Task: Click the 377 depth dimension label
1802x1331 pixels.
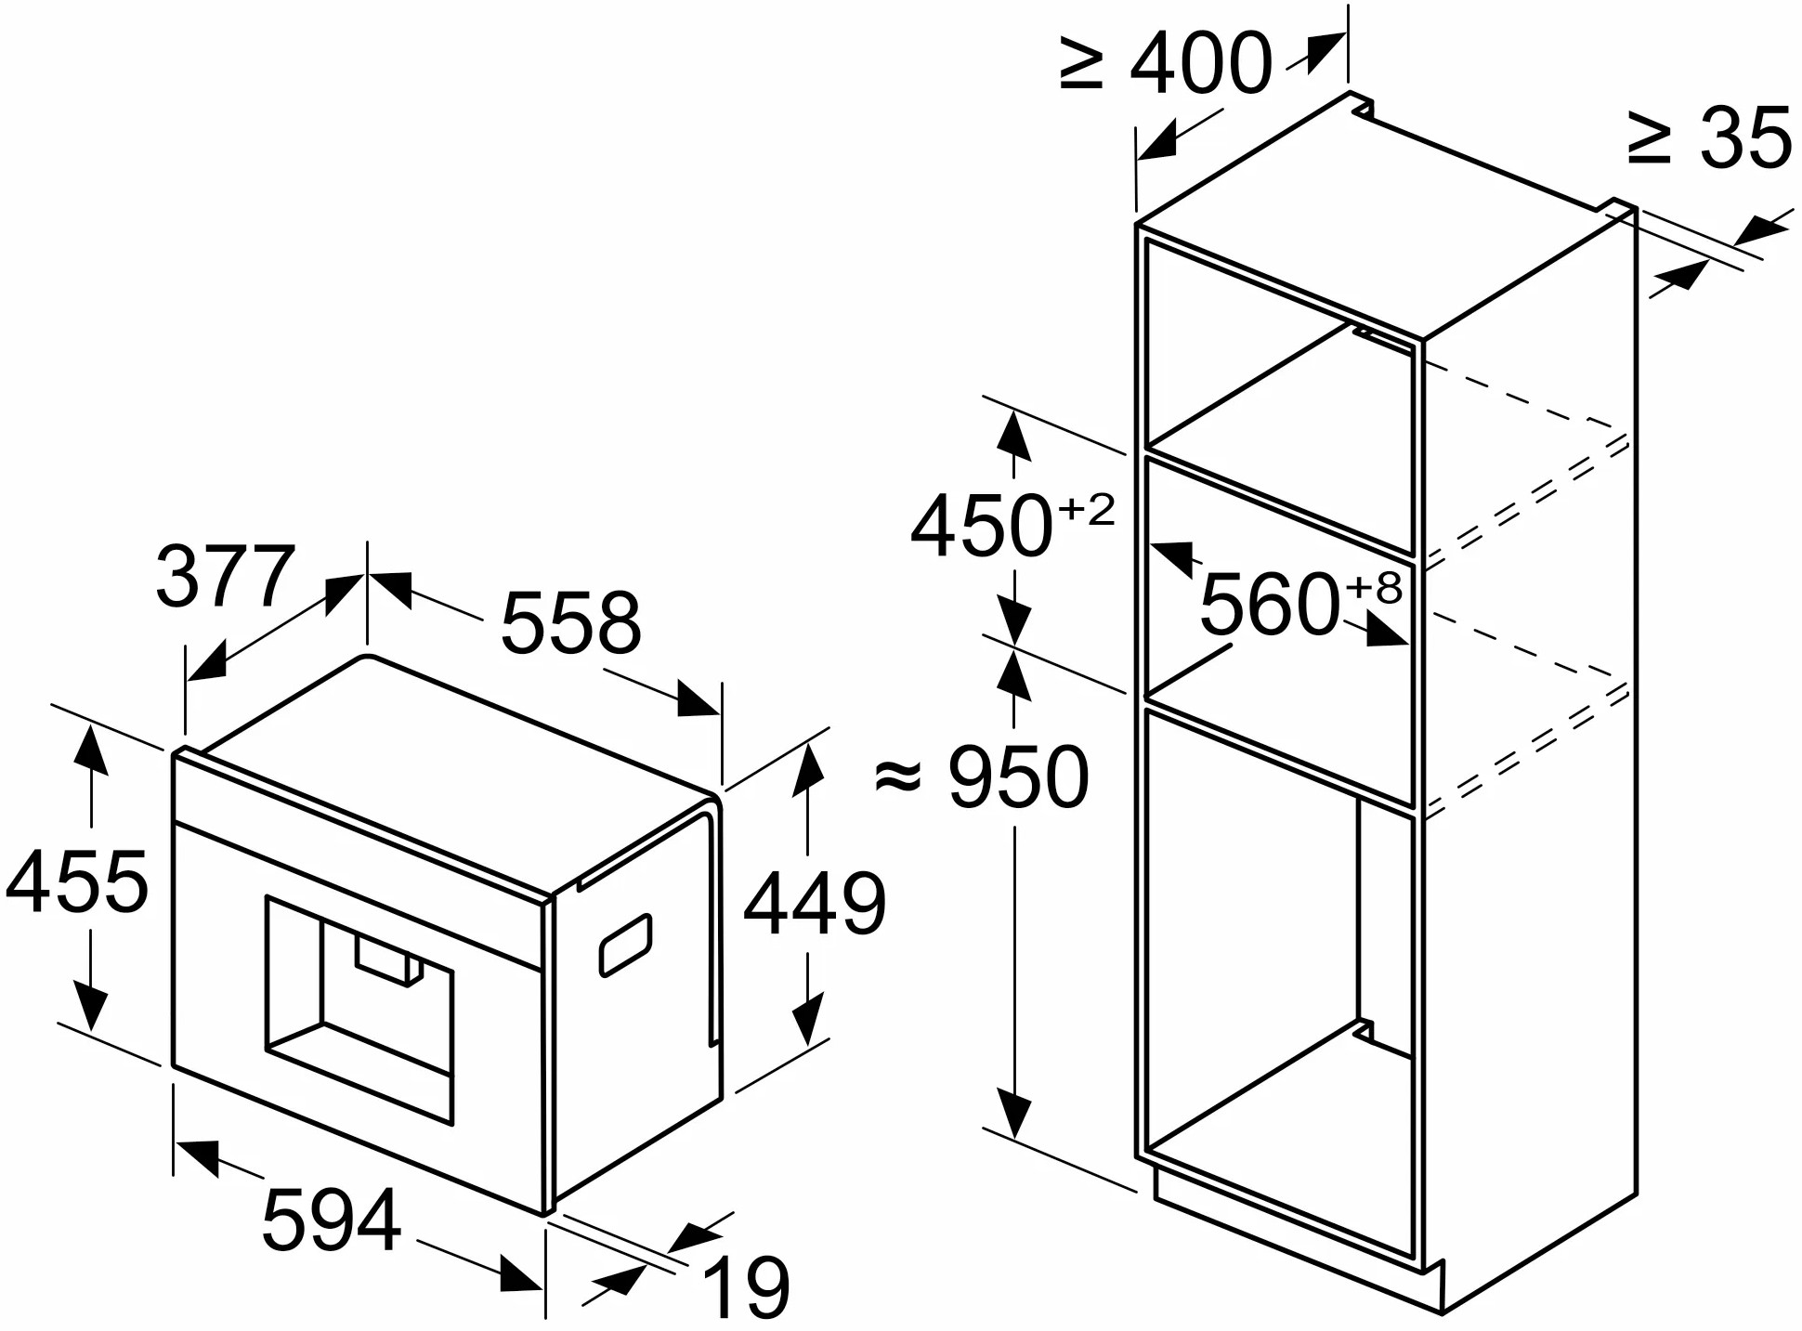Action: pyautogui.click(x=226, y=577)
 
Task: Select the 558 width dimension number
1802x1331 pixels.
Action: pyautogui.click(x=570, y=621)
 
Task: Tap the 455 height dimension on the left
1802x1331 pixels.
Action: pyautogui.click(x=76, y=881)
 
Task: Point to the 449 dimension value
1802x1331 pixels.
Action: pyautogui.click(x=815, y=903)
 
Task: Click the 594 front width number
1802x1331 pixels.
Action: pyautogui.click(x=332, y=1220)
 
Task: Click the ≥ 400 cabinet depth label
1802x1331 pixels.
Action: pyautogui.click(x=1166, y=62)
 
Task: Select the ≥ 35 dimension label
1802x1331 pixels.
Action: pyautogui.click(x=1710, y=137)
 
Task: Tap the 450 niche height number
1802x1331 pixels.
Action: pyautogui.click(x=981, y=526)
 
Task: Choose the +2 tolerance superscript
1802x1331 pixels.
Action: pyautogui.click(x=1086, y=510)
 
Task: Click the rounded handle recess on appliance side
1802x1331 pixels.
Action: pyautogui.click(x=626, y=945)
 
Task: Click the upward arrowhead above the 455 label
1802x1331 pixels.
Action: pyautogui.click(x=90, y=750)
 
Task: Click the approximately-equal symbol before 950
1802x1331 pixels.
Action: pyautogui.click(x=898, y=776)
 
